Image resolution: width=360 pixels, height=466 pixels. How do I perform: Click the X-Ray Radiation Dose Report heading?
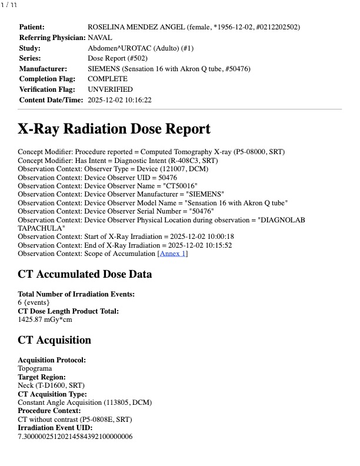[x=114, y=129]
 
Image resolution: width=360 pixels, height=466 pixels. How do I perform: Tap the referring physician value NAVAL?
[x=100, y=38]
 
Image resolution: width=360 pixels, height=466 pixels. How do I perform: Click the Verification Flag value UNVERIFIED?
[x=110, y=89]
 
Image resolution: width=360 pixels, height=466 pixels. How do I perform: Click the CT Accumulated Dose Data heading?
[x=85, y=274]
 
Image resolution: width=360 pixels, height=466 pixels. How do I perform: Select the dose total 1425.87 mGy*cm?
[x=44, y=319]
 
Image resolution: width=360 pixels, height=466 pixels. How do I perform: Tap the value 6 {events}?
[x=34, y=302]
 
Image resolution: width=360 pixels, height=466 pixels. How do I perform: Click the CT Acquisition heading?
[x=55, y=340]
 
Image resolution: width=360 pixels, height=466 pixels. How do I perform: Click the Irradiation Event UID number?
[x=75, y=437]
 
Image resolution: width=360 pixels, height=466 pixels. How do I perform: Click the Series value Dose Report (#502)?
[x=117, y=58]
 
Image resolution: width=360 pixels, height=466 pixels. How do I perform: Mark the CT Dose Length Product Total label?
[x=68, y=311]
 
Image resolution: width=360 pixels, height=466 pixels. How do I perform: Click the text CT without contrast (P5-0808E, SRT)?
[x=75, y=420]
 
